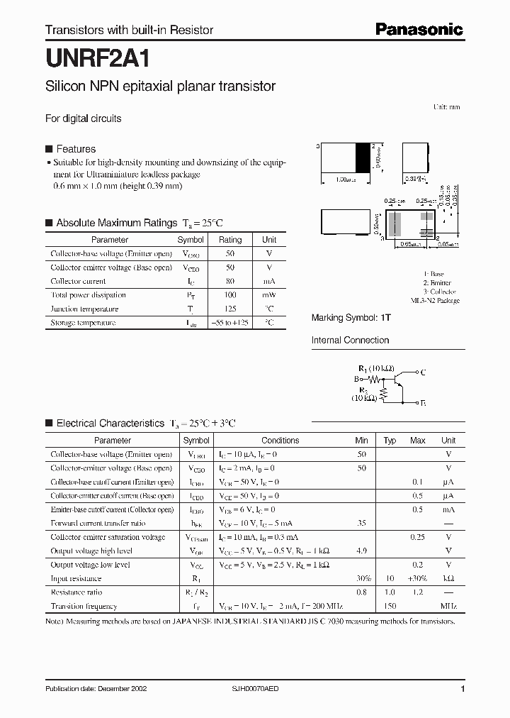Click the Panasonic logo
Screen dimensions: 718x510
(418, 29)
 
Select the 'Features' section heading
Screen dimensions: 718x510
(75, 149)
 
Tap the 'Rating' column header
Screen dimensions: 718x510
(230, 240)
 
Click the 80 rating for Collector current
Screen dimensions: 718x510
(230, 282)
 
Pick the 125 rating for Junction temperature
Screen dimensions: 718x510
(230, 309)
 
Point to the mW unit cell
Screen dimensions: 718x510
(269, 295)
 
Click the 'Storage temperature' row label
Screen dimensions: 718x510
(83, 323)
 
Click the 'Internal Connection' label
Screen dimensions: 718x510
(350, 341)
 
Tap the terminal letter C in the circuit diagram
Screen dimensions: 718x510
(423, 372)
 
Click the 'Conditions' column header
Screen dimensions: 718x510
(280, 441)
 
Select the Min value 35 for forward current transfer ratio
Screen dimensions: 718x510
(361, 523)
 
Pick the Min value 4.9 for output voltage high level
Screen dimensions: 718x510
(361, 551)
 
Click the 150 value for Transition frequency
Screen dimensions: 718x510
(390, 607)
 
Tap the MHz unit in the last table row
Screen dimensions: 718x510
(448, 607)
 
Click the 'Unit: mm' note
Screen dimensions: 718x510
(446, 107)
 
